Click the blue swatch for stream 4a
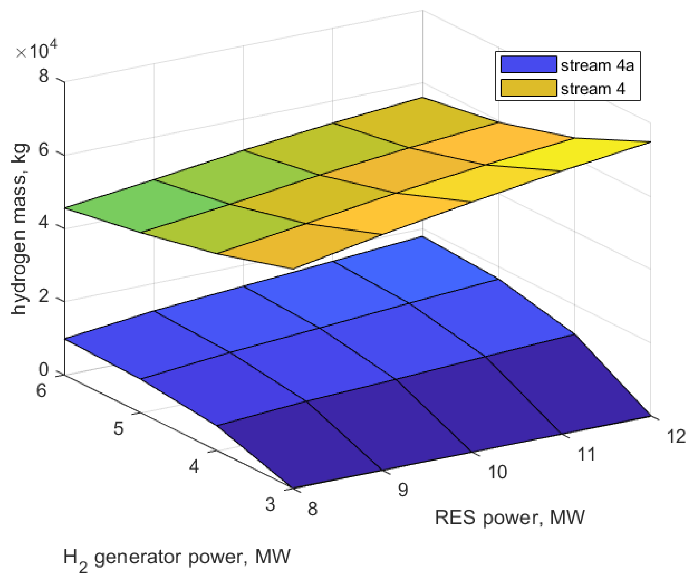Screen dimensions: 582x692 point(528,64)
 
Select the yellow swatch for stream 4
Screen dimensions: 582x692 point(528,88)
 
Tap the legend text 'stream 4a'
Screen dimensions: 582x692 point(597,65)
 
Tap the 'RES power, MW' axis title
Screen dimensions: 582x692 point(510,517)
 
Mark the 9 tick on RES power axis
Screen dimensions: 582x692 point(403,490)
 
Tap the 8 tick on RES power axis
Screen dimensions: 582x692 point(312,509)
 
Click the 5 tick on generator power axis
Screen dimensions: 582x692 point(118,429)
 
